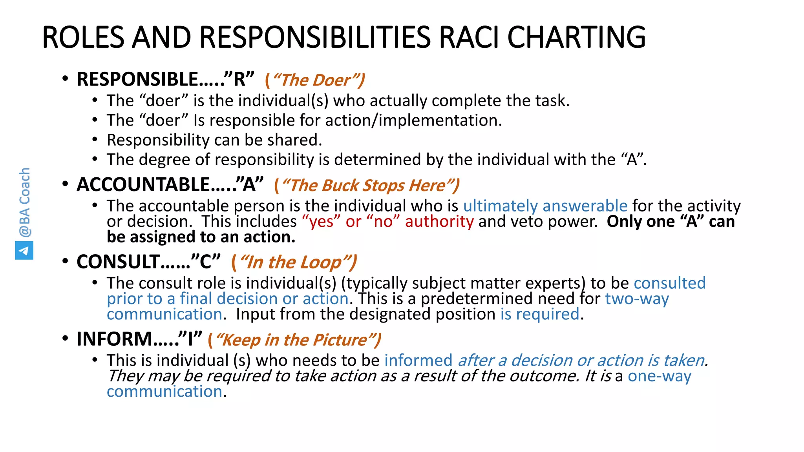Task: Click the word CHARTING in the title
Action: (576, 37)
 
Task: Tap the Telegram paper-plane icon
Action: (24, 250)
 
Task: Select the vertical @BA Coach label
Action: (24, 202)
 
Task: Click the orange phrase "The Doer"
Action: (315, 80)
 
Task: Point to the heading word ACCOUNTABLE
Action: (143, 185)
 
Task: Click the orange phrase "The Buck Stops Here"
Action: (367, 185)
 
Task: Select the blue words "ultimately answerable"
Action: (545, 206)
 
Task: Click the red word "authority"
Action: (439, 222)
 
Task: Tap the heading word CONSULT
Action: (118, 262)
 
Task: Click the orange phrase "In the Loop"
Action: (294, 262)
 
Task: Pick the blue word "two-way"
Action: (637, 299)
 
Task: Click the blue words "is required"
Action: (540, 314)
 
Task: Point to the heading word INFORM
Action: (114, 339)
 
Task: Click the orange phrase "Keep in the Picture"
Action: (294, 340)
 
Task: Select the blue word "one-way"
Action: (659, 376)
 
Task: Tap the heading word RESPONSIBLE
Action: (137, 80)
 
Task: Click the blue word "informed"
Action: (418, 361)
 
